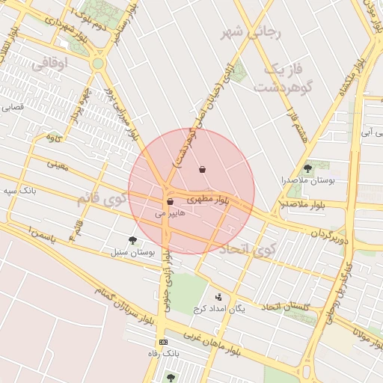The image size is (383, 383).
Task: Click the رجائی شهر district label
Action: pos(251,34)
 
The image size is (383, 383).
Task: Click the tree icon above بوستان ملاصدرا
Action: pos(307,168)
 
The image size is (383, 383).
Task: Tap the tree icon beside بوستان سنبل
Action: pos(133,240)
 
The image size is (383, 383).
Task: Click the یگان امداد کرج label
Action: pos(219,309)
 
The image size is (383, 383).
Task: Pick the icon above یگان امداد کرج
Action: pos(218,297)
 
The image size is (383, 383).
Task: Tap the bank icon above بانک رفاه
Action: pos(164,341)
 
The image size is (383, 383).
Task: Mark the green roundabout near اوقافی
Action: pos(98,64)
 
